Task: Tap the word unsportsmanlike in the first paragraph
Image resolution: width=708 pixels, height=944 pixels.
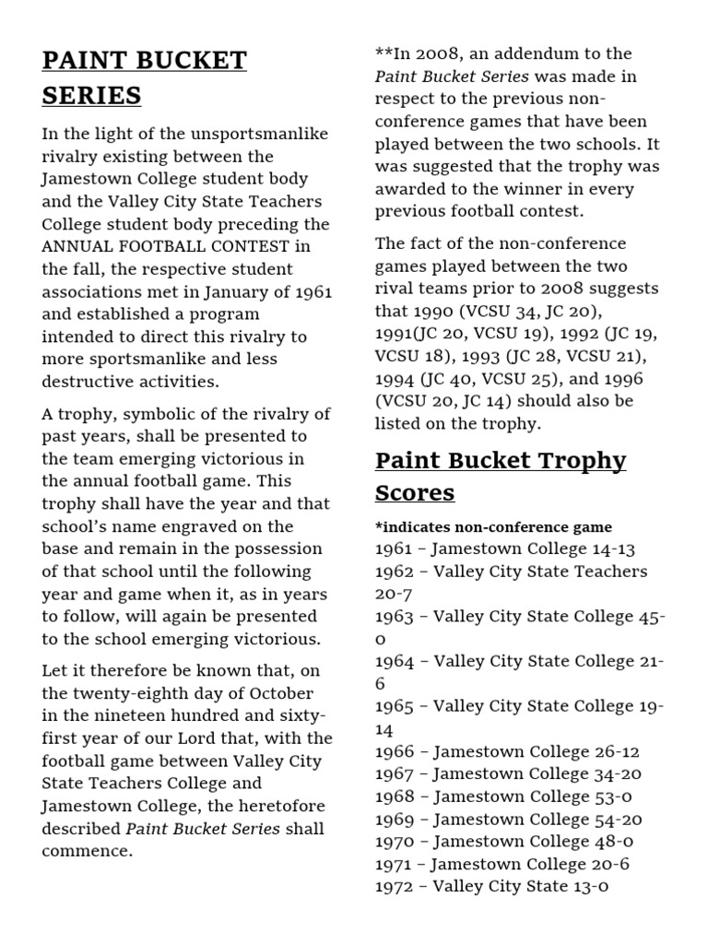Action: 249,135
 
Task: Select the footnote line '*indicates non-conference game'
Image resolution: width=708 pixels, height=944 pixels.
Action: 493,527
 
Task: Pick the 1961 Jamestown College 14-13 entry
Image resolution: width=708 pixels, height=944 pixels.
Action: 505,549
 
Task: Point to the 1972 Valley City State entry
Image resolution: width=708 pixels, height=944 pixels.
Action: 492,887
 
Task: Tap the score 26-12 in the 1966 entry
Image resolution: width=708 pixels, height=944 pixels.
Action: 617,751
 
